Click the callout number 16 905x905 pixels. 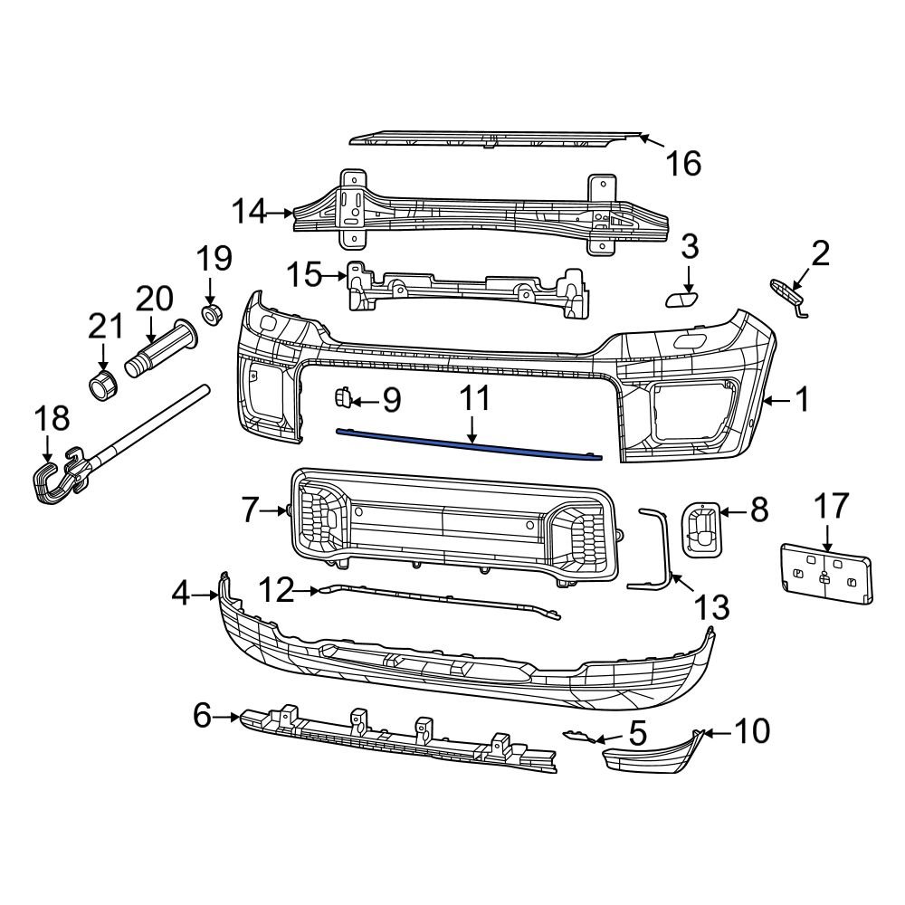683,164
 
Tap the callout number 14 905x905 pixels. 249,213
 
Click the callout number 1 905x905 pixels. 802,399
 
